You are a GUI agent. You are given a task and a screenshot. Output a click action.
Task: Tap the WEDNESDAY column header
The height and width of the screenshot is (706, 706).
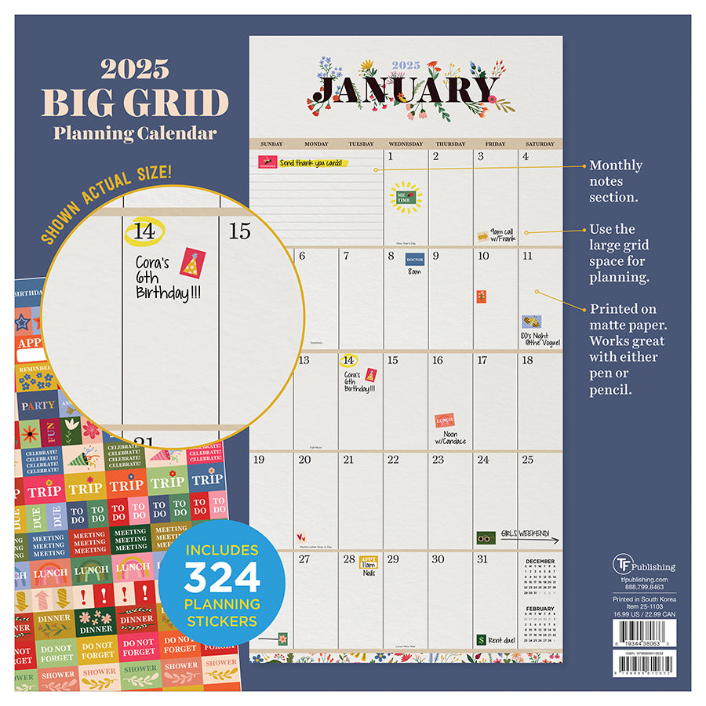tap(405, 144)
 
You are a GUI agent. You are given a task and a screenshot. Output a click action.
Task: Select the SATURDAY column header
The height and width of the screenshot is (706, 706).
tap(540, 144)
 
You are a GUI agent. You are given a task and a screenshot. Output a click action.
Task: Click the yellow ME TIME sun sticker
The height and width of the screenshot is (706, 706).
tap(405, 195)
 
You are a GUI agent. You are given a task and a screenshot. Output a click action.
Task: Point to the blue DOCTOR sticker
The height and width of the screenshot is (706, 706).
tap(414, 260)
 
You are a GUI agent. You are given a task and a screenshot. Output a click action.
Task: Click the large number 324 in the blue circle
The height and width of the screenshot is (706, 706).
tap(222, 579)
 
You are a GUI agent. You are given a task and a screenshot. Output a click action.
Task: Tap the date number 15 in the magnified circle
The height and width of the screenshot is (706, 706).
tap(239, 231)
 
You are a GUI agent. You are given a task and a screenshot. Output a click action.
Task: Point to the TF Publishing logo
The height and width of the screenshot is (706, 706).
tap(644, 566)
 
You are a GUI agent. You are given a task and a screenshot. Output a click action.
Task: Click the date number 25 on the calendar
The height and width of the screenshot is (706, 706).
tap(528, 460)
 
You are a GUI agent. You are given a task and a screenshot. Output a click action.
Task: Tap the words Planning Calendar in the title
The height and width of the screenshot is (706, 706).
tap(134, 133)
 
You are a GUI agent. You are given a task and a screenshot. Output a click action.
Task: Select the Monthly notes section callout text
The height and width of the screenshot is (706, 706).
tap(616, 181)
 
